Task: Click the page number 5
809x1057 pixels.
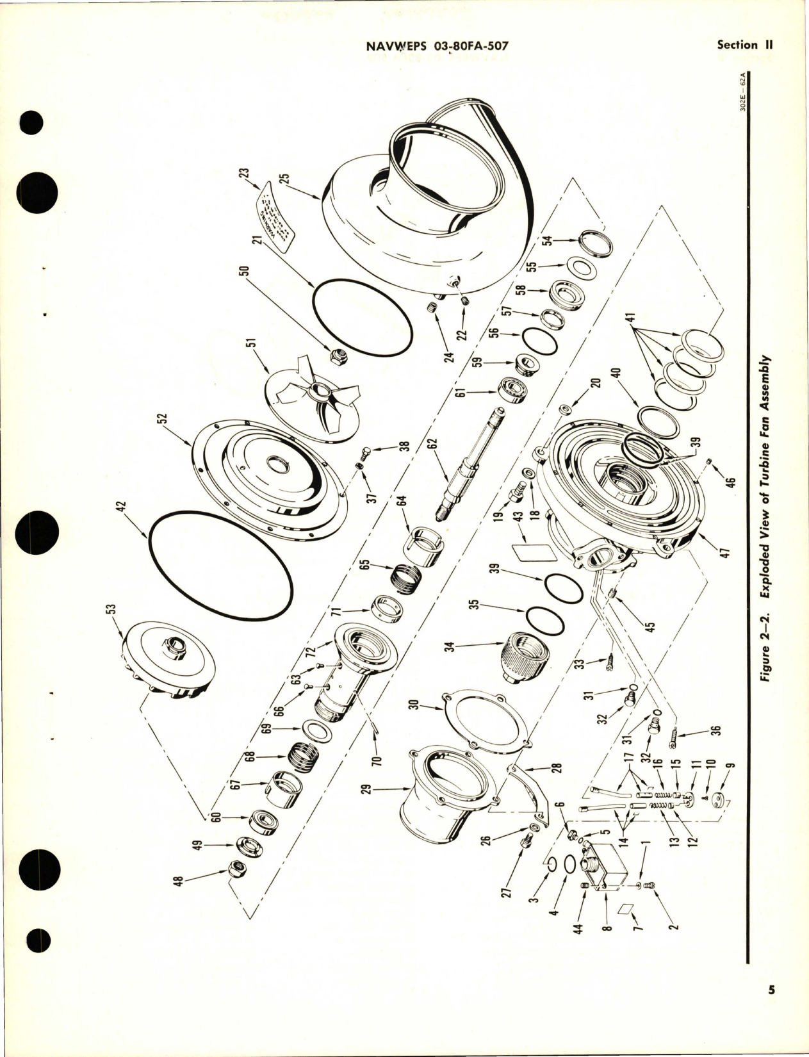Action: pyautogui.click(x=772, y=1008)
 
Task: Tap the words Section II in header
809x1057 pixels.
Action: pyautogui.click(x=746, y=45)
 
